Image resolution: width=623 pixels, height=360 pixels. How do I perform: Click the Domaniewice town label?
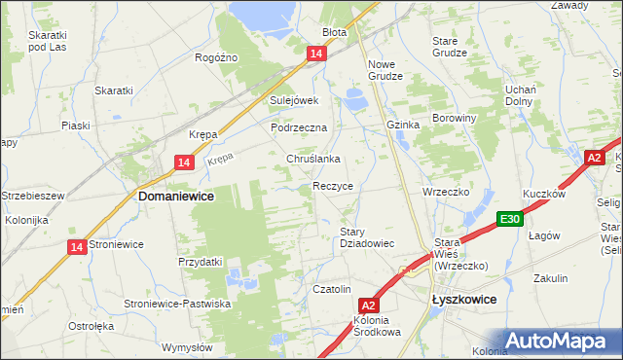pyautogui.click(x=176, y=196)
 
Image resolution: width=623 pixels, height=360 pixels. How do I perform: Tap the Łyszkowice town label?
pyautogui.click(x=463, y=302)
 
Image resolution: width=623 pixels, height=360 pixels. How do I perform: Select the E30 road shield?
pyautogui.click(x=510, y=220)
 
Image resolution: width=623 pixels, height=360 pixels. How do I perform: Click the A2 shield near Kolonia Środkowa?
pyautogui.click(x=367, y=305)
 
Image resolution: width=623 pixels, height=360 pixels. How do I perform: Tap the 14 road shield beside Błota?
pyautogui.click(x=316, y=55)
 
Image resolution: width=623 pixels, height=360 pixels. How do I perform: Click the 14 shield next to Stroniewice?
pyautogui.click(x=77, y=248)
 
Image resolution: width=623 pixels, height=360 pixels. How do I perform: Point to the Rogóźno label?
pyautogui.click(x=216, y=58)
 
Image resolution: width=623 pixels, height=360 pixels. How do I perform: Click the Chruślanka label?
pyautogui.click(x=311, y=159)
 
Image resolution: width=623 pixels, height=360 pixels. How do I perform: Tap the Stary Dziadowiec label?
pyautogui.click(x=366, y=237)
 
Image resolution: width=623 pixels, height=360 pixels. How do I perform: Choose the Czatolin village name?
pyautogui.click(x=331, y=289)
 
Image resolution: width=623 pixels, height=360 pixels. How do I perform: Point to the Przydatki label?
pyautogui.click(x=201, y=262)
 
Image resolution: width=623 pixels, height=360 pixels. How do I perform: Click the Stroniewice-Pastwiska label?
pyautogui.click(x=177, y=305)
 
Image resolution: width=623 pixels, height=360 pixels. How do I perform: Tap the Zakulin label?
pyautogui.click(x=550, y=278)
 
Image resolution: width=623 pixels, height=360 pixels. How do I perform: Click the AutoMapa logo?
pyautogui.click(x=559, y=341)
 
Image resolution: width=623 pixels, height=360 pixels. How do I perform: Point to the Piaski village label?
pyautogui.click(x=75, y=126)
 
